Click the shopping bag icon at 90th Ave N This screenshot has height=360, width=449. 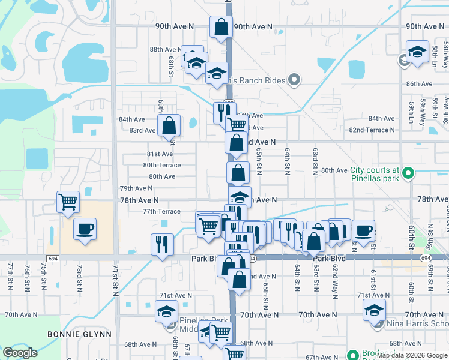click(221, 26)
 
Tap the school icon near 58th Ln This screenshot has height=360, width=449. click(417, 52)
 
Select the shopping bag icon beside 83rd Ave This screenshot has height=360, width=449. click(169, 125)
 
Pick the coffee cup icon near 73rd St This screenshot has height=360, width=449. click(85, 229)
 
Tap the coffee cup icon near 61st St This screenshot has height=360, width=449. click(363, 230)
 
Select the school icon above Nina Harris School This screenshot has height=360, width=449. click(373, 311)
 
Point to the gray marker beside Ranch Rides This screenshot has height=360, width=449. click(294, 79)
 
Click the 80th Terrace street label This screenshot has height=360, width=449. click(161, 165)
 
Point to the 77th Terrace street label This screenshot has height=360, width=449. click(161, 211)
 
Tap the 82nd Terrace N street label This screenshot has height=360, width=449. click(372, 130)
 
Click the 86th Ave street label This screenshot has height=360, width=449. click(419, 84)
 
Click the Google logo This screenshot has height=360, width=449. click(20, 353)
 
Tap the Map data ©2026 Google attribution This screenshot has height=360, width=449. click(412, 355)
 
